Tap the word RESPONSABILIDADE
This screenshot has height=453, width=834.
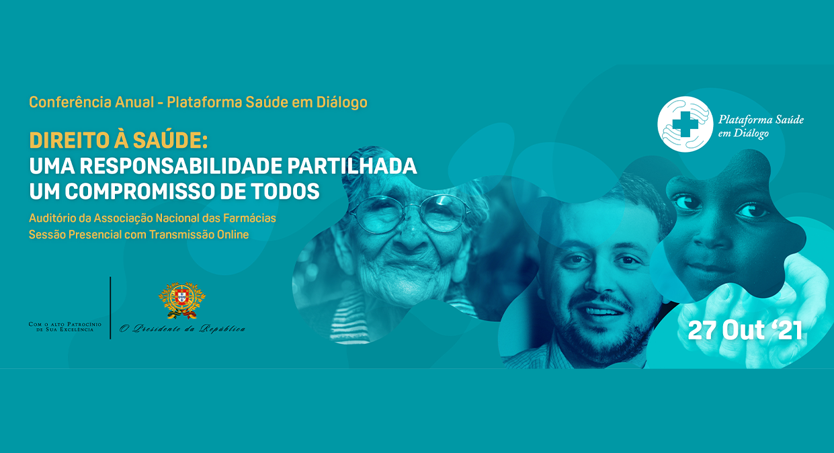tap(181, 166)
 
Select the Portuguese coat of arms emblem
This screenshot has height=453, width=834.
tap(181, 300)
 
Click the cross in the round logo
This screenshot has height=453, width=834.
tap(685, 124)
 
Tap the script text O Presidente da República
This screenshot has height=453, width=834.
tap(182, 328)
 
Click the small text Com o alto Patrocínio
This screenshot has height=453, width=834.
tap(65, 324)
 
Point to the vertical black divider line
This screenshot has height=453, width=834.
tap(110, 308)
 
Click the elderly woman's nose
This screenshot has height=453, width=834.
tap(411, 238)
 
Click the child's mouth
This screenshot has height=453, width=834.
tap(702, 267)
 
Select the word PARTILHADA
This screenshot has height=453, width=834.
tap(352, 166)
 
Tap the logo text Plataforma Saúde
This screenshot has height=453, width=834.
tap(761, 120)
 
